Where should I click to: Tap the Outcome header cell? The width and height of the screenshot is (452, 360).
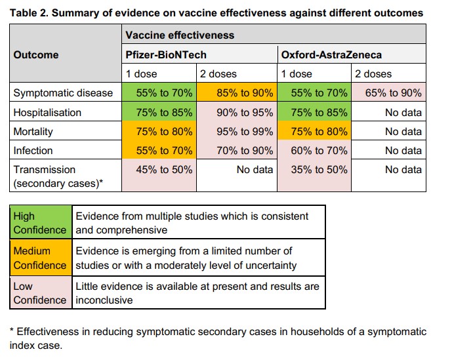click(36, 54)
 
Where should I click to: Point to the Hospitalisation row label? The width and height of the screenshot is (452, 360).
click(47, 112)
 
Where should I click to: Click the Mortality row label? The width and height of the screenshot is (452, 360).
click(33, 131)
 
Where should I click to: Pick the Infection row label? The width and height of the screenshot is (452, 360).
click(33, 150)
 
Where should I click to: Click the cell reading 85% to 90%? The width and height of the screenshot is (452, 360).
click(236, 93)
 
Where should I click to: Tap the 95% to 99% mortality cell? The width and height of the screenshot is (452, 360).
click(236, 131)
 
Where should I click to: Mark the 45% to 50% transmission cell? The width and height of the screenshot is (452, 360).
click(159, 169)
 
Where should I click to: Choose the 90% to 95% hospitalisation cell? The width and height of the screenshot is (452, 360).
click(236, 112)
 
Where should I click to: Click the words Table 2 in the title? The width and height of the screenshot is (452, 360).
click(29, 12)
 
